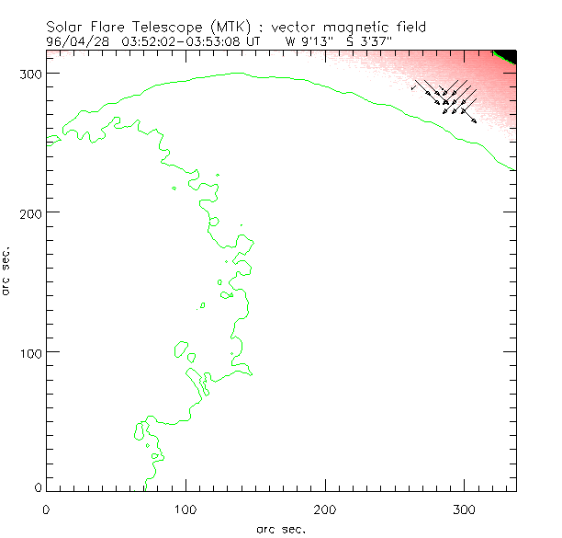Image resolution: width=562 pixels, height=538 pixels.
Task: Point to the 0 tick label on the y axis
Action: point(38,486)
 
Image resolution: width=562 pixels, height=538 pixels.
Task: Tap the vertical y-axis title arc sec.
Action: point(7,270)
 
